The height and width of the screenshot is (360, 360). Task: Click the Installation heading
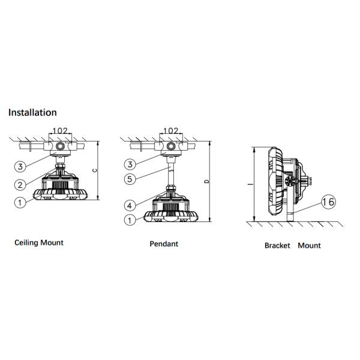tap(32, 112)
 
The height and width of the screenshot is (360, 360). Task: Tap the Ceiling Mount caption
tap(39, 242)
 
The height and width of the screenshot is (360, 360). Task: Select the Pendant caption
tap(164, 244)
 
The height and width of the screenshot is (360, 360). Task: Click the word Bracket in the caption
tap(277, 245)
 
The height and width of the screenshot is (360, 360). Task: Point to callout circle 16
tap(328, 202)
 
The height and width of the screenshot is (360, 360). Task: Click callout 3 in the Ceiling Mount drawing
tap(20, 166)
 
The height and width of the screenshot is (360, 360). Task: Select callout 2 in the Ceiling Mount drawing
tap(20, 184)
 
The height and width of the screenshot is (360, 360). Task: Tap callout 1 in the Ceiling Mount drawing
tap(20, 202)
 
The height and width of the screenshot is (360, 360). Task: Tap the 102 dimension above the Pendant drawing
tap(170, 131)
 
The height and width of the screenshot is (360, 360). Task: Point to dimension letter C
tap(96, 170)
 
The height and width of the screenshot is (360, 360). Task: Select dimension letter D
tap(206, 180)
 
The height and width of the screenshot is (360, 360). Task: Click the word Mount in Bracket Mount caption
tap(309, 245)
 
